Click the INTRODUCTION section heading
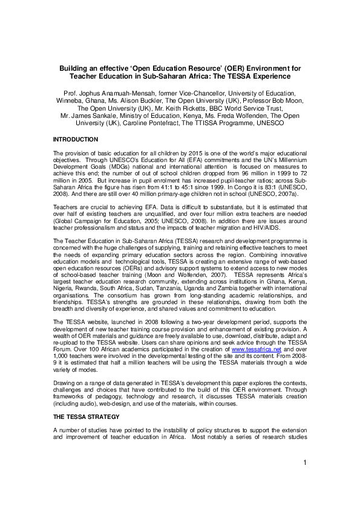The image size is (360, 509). coord(76,140)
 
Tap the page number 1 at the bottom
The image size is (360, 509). coord(306,479)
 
